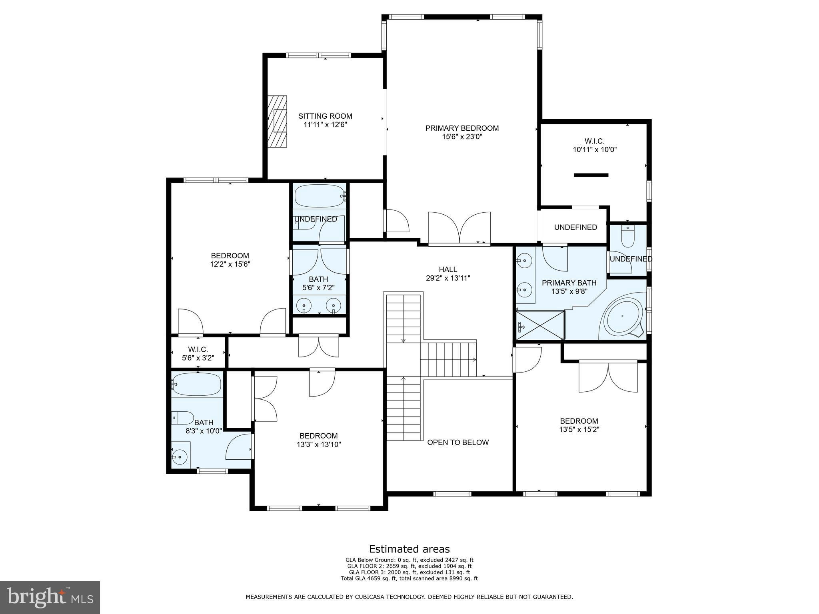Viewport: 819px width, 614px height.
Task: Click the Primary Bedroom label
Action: click(x=462, y=128)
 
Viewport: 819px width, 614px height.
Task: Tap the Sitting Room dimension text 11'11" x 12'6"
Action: click(x=325, y=125)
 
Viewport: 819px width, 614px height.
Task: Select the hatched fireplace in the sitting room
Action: click(x=277, y=121)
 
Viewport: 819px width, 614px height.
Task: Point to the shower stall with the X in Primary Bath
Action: click(x=540, y=325)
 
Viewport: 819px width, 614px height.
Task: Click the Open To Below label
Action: click(x=458, y=443)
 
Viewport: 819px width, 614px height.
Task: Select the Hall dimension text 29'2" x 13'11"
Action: click(x=448, y=278)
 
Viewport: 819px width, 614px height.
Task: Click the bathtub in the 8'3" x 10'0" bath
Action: click(x=196, y=384)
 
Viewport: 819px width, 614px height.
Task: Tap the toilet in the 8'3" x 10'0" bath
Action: click(x=182, y=418)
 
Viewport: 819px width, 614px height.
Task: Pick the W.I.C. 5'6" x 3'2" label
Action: click(x=198, y=354)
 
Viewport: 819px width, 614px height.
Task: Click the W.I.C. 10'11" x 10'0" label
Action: click(x=595, y=146)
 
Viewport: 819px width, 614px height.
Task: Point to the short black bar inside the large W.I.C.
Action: click(x=591, y=175)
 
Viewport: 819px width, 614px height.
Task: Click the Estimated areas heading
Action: click(x=409, y=549)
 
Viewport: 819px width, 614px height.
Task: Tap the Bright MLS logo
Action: click(x=50, y=598)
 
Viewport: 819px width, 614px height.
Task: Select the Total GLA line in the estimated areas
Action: click(x=409, y=578)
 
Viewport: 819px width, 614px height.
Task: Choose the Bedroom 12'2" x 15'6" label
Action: click(x=230, y=260)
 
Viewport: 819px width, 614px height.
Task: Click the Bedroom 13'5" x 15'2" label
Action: click(x=579, y=425)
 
